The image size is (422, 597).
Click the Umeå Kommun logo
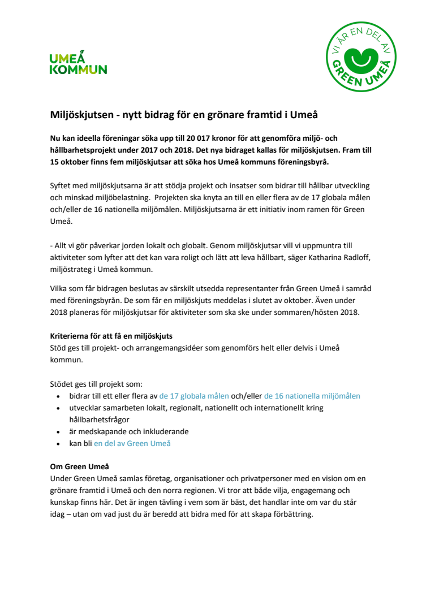pyautogui.click(x=78, y=63)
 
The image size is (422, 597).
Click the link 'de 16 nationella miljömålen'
pyautogui.click(x=312, y=396)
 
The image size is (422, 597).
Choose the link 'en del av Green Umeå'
pyautogui.click(x=132, y=443)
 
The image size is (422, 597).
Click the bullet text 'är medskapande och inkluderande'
pyautogui.click(x=128, y=431)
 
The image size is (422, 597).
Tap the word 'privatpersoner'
pyautogui.click(x=251, y=479)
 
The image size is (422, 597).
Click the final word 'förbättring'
pyautogui.click(x=287, y=514)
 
